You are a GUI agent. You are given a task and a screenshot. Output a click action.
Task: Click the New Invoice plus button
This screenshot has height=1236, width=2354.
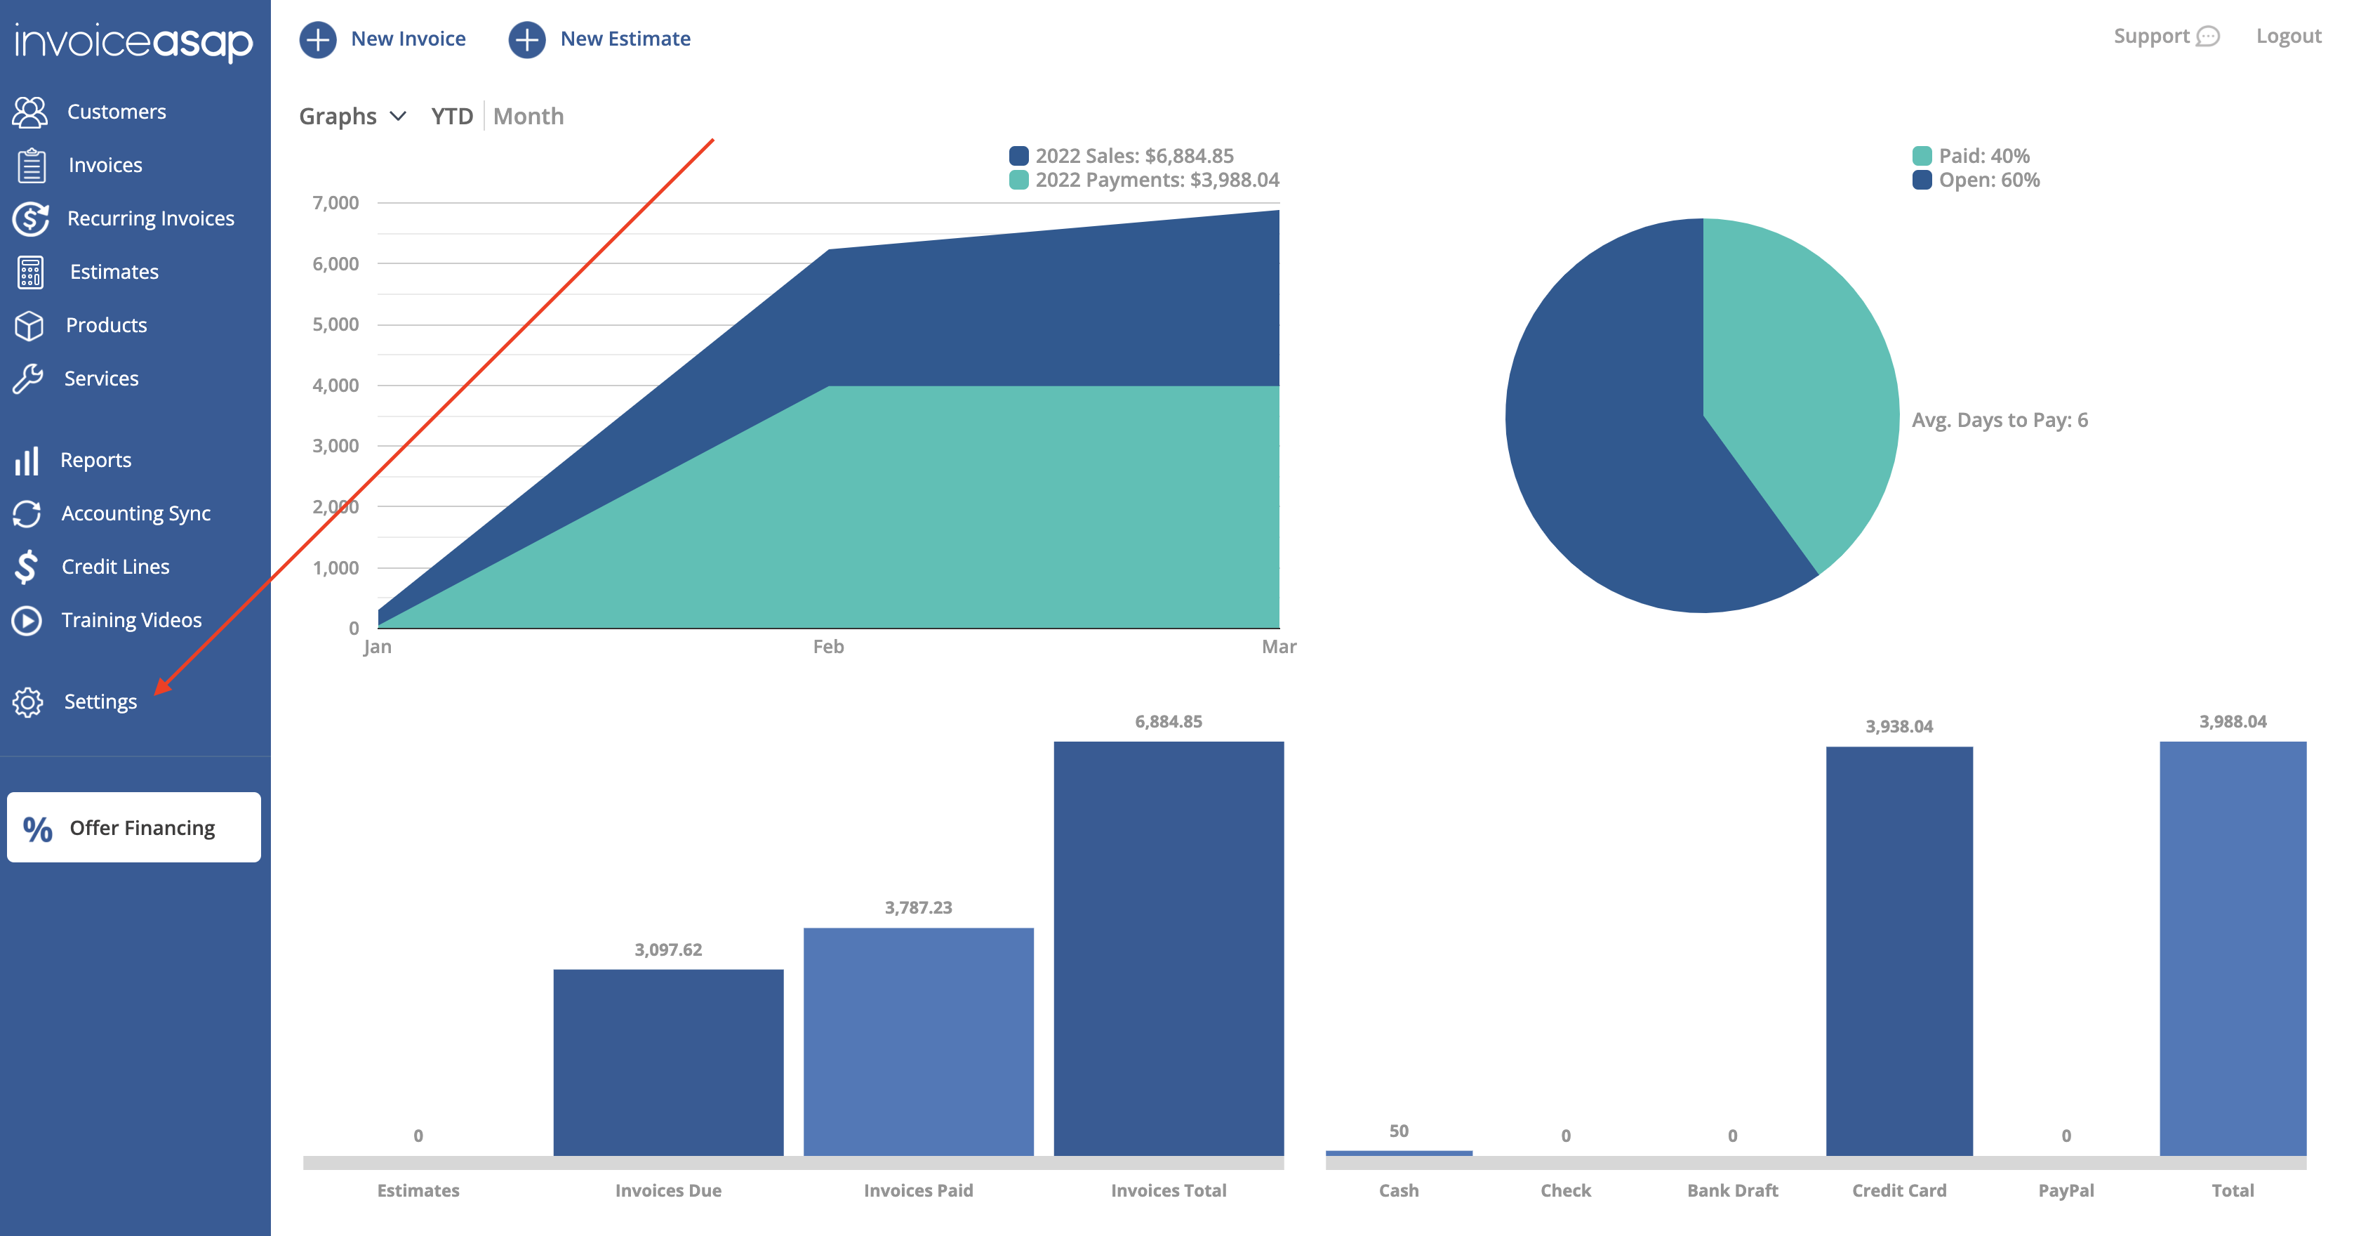[318, 39]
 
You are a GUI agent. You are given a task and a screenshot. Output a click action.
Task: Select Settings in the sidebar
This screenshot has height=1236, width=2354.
[100, 701]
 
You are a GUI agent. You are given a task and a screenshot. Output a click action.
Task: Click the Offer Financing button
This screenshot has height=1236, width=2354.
[133, 827]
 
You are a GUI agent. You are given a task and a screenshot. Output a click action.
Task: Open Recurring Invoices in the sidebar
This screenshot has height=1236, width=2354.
[150, 218]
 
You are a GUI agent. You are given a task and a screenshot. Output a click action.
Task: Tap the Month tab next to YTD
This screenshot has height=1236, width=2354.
[528, 116]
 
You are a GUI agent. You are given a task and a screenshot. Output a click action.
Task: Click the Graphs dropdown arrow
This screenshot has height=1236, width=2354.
[397, 116]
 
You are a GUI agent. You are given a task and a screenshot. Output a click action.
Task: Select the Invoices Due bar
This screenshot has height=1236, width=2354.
[668, 1060]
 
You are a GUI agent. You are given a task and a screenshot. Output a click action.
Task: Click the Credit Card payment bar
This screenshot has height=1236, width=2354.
[1899, 951]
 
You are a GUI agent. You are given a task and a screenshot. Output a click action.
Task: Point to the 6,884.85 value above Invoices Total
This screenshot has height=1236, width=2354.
[1168, 721]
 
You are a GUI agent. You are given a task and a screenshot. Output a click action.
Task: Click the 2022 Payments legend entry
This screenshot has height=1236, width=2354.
[1156, 180]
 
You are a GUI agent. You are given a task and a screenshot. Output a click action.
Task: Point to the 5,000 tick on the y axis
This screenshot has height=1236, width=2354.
[335, 324]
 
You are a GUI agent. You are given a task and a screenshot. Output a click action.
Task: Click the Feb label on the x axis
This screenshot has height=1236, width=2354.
[828, 646]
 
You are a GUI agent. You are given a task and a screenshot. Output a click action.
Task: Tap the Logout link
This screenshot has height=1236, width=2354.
[2288, 37]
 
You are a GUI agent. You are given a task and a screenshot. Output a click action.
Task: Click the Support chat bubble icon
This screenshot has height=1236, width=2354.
[2208, 37]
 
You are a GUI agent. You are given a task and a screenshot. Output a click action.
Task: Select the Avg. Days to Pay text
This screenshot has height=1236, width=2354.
[2000, 420]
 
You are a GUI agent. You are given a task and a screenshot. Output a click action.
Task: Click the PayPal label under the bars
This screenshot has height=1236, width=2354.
[2066, 1190]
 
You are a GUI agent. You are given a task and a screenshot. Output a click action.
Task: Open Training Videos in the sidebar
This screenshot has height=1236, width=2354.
[131, 620]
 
